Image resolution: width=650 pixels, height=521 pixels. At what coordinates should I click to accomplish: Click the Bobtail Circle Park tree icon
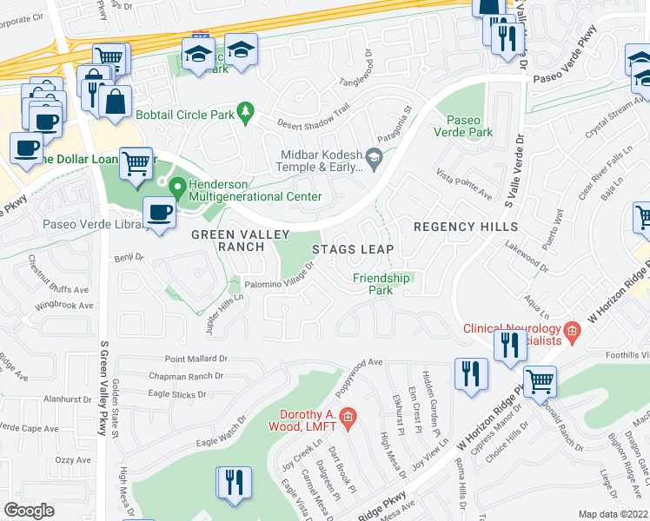coord(247,110)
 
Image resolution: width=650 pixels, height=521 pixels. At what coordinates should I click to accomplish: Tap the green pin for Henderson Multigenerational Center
coord(178,186)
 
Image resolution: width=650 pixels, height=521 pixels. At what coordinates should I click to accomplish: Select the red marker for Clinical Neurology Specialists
coord(572,330)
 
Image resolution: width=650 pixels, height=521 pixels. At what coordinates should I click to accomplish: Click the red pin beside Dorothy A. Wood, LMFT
coord(348,417)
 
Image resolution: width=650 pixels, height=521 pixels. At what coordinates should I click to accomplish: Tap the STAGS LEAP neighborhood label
coord(353,249)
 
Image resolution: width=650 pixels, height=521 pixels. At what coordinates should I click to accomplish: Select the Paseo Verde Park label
coord(469,126)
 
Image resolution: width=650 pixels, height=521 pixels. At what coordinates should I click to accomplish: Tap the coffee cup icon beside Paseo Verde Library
coord(158,214)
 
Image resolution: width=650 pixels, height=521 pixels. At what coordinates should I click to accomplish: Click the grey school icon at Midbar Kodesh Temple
coord(375,156)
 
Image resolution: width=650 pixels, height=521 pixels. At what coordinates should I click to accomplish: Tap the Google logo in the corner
coord(29,511)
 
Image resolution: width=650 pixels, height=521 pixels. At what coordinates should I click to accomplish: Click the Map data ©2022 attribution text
coord(613,514)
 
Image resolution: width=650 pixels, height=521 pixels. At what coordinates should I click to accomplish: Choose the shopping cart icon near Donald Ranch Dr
coord(541,379)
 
